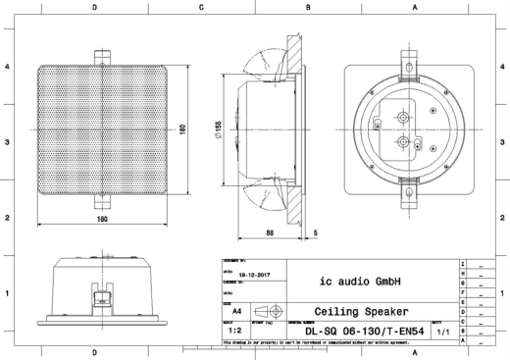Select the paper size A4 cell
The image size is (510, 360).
click(235, 311)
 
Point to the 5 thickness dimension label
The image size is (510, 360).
click(314, 231)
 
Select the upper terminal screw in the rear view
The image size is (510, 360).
click(403, 116)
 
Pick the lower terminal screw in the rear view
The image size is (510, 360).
click(403, 141)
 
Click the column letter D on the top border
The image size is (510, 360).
click(94, 7)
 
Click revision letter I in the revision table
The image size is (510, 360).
click(462, 266)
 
